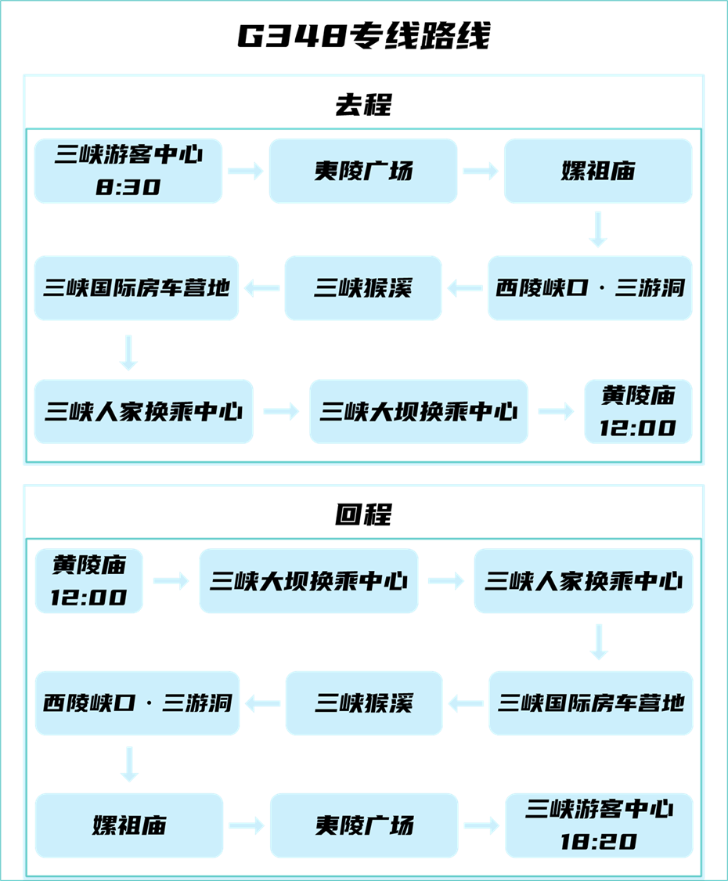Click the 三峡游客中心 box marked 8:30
point(128,171)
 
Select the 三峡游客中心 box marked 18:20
point(599,825)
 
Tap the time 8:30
point(128,187)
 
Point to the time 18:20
point(599,842)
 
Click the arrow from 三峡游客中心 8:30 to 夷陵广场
point(246,172)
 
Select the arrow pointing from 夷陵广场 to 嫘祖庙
point(480,172)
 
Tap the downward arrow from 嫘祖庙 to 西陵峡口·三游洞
point(599,229)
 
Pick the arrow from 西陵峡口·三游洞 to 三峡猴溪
point(465,289)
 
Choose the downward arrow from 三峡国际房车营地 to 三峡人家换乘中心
point(129,352)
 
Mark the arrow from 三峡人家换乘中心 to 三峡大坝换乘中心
point(281,412)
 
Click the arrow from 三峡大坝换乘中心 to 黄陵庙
point(556,412)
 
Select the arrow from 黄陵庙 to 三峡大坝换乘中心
point(171,581)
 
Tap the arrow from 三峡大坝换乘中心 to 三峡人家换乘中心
point(446,581)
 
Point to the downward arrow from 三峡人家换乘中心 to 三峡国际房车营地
point(599,641)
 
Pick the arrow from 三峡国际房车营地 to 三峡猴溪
point(466,703)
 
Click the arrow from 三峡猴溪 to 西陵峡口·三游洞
point(262,703)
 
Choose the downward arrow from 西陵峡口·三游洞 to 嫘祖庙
point(129,764)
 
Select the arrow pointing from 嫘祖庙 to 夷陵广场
point(247,825)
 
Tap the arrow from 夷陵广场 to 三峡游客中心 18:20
point(481,825)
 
